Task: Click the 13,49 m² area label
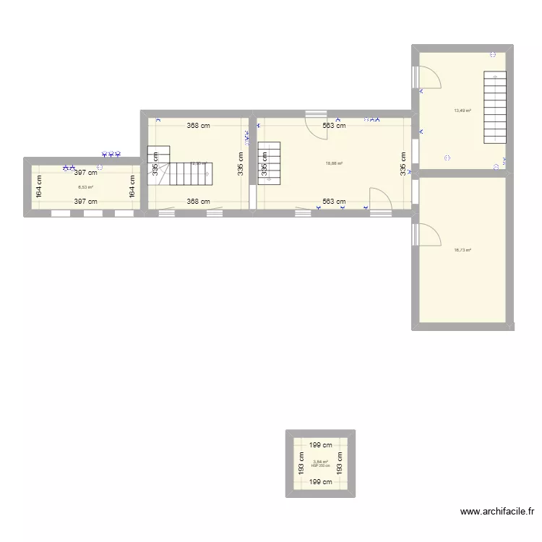click(463, 111)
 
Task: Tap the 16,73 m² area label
click(463, 250)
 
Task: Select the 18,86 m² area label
click(334, 163)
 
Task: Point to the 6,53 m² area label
click(85, 186)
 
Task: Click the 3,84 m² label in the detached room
click(320, 462)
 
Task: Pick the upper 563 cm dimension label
click(334, 125)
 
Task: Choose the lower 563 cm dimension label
click(334, 202)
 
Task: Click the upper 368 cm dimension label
click(198, 125)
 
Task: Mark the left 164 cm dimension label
click(40, 187)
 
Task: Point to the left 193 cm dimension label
click(301, 463)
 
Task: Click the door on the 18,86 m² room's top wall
click(316, 123)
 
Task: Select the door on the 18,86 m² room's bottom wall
click(380, 200)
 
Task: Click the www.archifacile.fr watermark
click(497, 512)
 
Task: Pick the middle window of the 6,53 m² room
click(93, 213)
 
